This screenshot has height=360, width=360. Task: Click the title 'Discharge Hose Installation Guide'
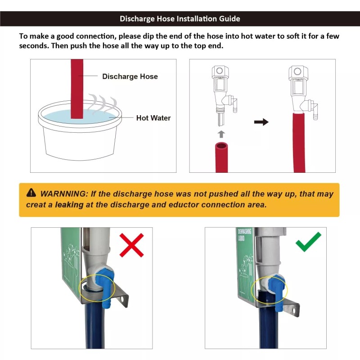(180, 19)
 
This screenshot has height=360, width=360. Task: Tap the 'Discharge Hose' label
(130, 76)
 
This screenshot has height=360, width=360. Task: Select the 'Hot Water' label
(153, 118)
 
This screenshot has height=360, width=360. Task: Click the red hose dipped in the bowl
(77, 90)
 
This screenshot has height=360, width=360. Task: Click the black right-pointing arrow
(261, 122)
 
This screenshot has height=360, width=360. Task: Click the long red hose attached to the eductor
(299, 142)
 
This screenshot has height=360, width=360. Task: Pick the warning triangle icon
(31, 193)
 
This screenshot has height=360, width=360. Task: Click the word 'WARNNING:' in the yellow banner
(64, 194)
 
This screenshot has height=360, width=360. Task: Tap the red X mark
(131, 245)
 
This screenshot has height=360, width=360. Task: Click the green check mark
(308, 242)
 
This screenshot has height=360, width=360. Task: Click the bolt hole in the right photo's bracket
(295, 310)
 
